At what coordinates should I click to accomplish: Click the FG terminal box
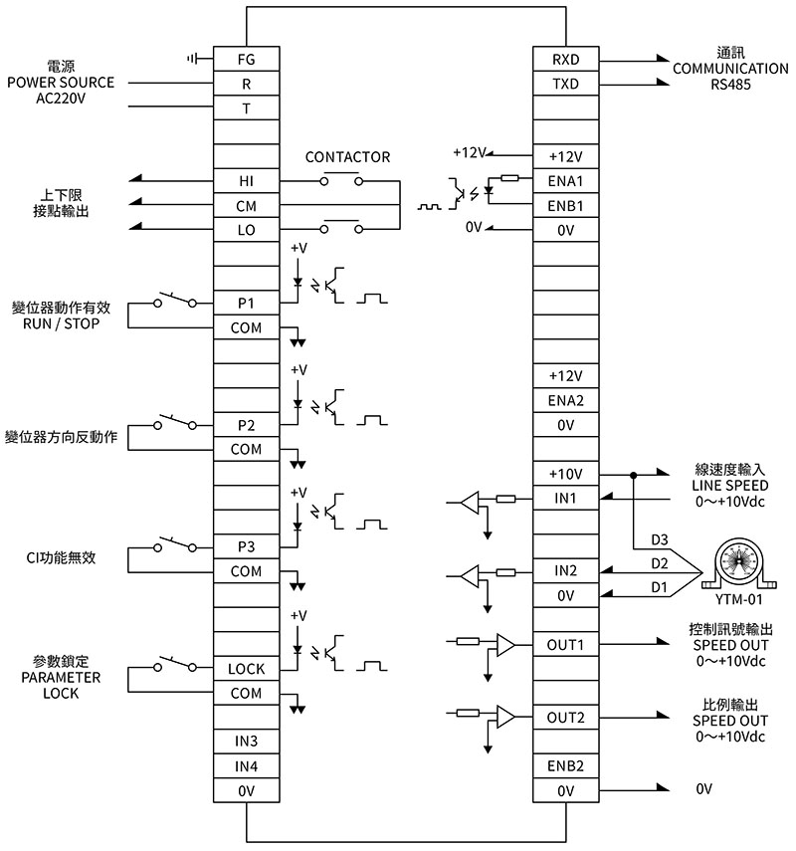[247, 59]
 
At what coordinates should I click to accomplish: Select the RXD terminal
[566, 59]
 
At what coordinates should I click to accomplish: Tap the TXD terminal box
[566, 84]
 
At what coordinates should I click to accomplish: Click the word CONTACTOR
[348, 157]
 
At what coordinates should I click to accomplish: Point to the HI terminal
[247, 181]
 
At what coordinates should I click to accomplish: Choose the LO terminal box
[247, 230]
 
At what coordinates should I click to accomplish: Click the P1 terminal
[247, 303]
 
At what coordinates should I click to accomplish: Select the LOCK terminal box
[247, 669]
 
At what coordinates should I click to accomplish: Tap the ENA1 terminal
[566, 181]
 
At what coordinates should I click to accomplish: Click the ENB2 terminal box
[566, 765]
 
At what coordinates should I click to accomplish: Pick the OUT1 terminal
[566, 645]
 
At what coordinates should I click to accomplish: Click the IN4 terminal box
[247, 766]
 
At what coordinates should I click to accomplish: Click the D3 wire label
[660, 540]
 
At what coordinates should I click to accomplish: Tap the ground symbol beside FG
[192, 58]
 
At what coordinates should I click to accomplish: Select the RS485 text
[731, 85]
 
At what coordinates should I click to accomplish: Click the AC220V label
[61, 99]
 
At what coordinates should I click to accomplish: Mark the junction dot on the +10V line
[633, 476]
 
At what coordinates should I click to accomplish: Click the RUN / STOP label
[62, 324]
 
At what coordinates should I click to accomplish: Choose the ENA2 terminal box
[566, 400]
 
